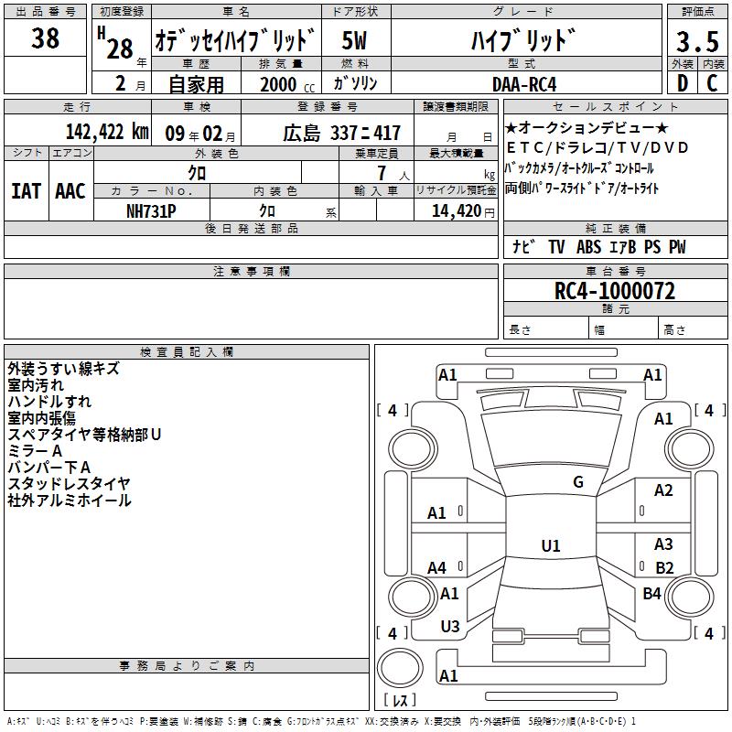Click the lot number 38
point(45,38)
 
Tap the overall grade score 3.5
point(697,41)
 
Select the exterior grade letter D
point(683,83)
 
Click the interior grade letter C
point(712,83)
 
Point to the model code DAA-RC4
point(524,84)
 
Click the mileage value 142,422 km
point(107,132)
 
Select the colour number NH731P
point(151,211)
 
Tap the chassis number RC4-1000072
point(615,291)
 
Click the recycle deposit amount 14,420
point(457,211)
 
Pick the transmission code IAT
point(26,191)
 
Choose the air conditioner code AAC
point(70,191)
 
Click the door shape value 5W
point(354,40)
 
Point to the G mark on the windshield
point(578,482)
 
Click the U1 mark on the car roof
point(551,545)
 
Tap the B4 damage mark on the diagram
point(651,593)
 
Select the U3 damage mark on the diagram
point(450,627)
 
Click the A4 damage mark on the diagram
point(436,567)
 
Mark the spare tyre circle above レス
point(400,668)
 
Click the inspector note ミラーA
point(35,451)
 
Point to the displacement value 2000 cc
point(287,84)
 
